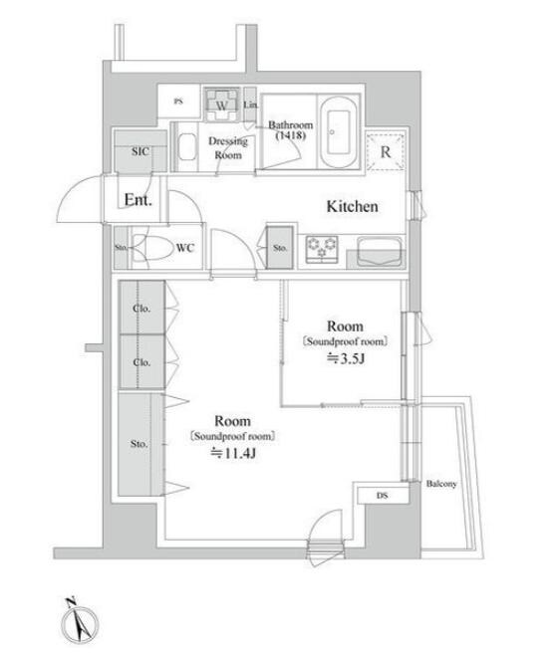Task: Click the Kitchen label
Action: pyautogui.click(x=352, y=206)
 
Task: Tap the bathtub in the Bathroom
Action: pyautogui.click(x=338, y=132)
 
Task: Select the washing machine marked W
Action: pyautogui.click(x=221, y=105)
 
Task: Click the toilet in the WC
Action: pyautogui.click(x=152, y=248)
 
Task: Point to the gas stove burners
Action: pyautogui.click(x=322, y=248)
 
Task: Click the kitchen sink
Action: pyautogui.click(x=380, y=250)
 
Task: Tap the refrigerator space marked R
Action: pyautogui.click(x=386, y=152)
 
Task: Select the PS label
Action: pyautogui.click(x=178, y=101)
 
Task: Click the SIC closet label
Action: pyautogui.click(x=139, y=151)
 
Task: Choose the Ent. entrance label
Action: pyautogui.click(x=138, y=200)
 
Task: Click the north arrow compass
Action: pyautogui.click(x=80, y=623)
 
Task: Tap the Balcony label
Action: pyautogui.click(x=441, y=484)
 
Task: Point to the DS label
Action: pyautogui.click(x=382, y=495)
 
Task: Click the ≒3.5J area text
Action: pyautogui.click(x=346, y=358)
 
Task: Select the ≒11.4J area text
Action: pyautogui.click(x=232, y=453)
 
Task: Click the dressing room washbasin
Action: pyautogui.click(x=187, y=146)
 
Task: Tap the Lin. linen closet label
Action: pyautogui.click(x=250, y=105)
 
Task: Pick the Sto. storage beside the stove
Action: pyautogui.click(x=280, y=247)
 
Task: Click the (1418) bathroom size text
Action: pyautogui.click(x=291, y=135)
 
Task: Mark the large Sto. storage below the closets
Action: pyautogui.click(x=140, y=445)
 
